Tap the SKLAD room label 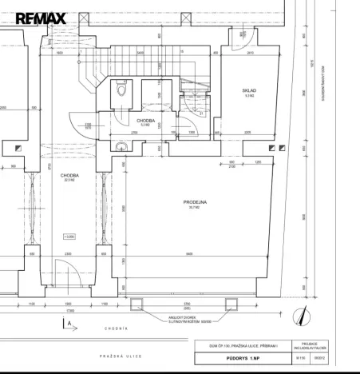pyautogui.click(x=248, y=91)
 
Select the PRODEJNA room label pyautogui.click(x=195, y=203)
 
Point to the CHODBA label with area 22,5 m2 pyautogui.click(x=69, y=176)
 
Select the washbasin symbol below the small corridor pyautogui.click(x=119, y=146)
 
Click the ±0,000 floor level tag pyautogui.click(x=69, y=237)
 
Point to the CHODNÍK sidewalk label pyautogui.click(x=117, y=328)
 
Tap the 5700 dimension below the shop pyautogui.click(x=188, y=304)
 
